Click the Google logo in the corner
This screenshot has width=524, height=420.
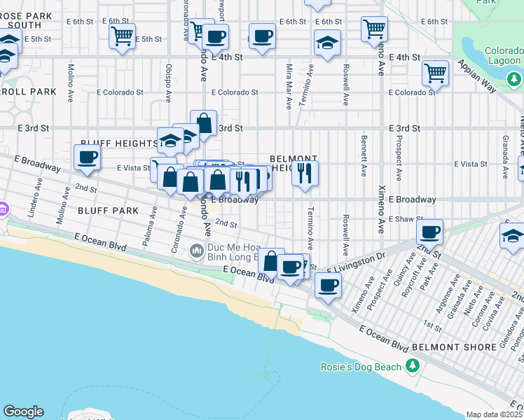tap(23, 412)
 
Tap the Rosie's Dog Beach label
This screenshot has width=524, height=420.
tap(371, 367)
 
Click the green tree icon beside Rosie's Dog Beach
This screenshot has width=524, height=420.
tap(413, 366)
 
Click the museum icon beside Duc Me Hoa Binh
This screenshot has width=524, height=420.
tap(197, 251)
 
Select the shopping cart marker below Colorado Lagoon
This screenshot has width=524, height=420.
tap(436, 73)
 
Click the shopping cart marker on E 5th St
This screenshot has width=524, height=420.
tap(123, 36)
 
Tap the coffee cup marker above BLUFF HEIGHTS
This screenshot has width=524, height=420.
tap(88, 157)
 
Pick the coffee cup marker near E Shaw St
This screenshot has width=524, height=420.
tap(429, 232)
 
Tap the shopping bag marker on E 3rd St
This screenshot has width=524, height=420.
tap(203, 123)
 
